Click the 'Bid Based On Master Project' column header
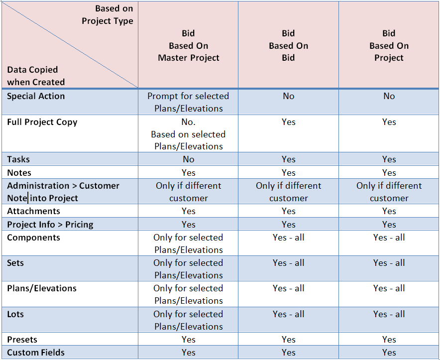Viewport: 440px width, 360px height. (188, 45)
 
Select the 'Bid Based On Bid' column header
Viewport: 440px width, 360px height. (289, 45)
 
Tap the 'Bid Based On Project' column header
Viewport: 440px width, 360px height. (389, 45)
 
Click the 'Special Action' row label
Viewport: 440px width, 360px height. (36, 96)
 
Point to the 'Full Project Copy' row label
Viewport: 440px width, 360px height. (42, 122)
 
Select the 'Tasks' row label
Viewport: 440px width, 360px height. (18, 159)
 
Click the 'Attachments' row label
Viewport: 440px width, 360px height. (33, 211)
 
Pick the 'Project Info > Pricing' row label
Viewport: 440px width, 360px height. (50, 225)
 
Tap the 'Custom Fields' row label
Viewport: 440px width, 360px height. (36, 353)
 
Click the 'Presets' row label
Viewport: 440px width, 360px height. (22, 340)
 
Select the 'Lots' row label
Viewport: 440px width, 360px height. (15, 314)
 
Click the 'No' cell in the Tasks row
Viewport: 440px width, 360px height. (188, 159)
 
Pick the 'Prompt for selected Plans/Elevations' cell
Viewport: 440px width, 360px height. (188, 102)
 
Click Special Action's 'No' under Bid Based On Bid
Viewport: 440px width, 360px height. (289, 96)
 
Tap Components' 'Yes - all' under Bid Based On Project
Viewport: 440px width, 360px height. (389, 238)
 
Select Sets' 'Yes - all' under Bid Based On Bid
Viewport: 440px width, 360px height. (289, 263)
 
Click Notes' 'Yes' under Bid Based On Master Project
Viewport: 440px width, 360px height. (188, 173)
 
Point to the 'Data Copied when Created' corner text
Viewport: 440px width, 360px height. (36, 76)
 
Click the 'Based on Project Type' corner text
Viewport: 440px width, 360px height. (108, 14)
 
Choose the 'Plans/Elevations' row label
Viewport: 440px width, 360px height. (42, 288)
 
